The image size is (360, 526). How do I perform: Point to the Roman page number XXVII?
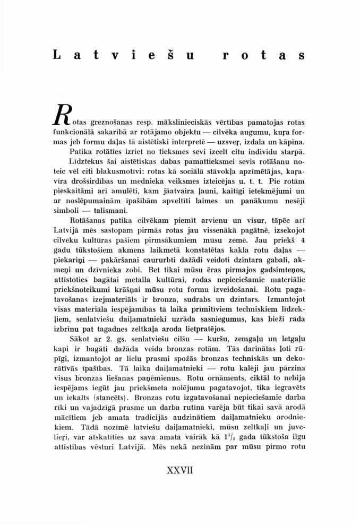click(180, 471)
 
